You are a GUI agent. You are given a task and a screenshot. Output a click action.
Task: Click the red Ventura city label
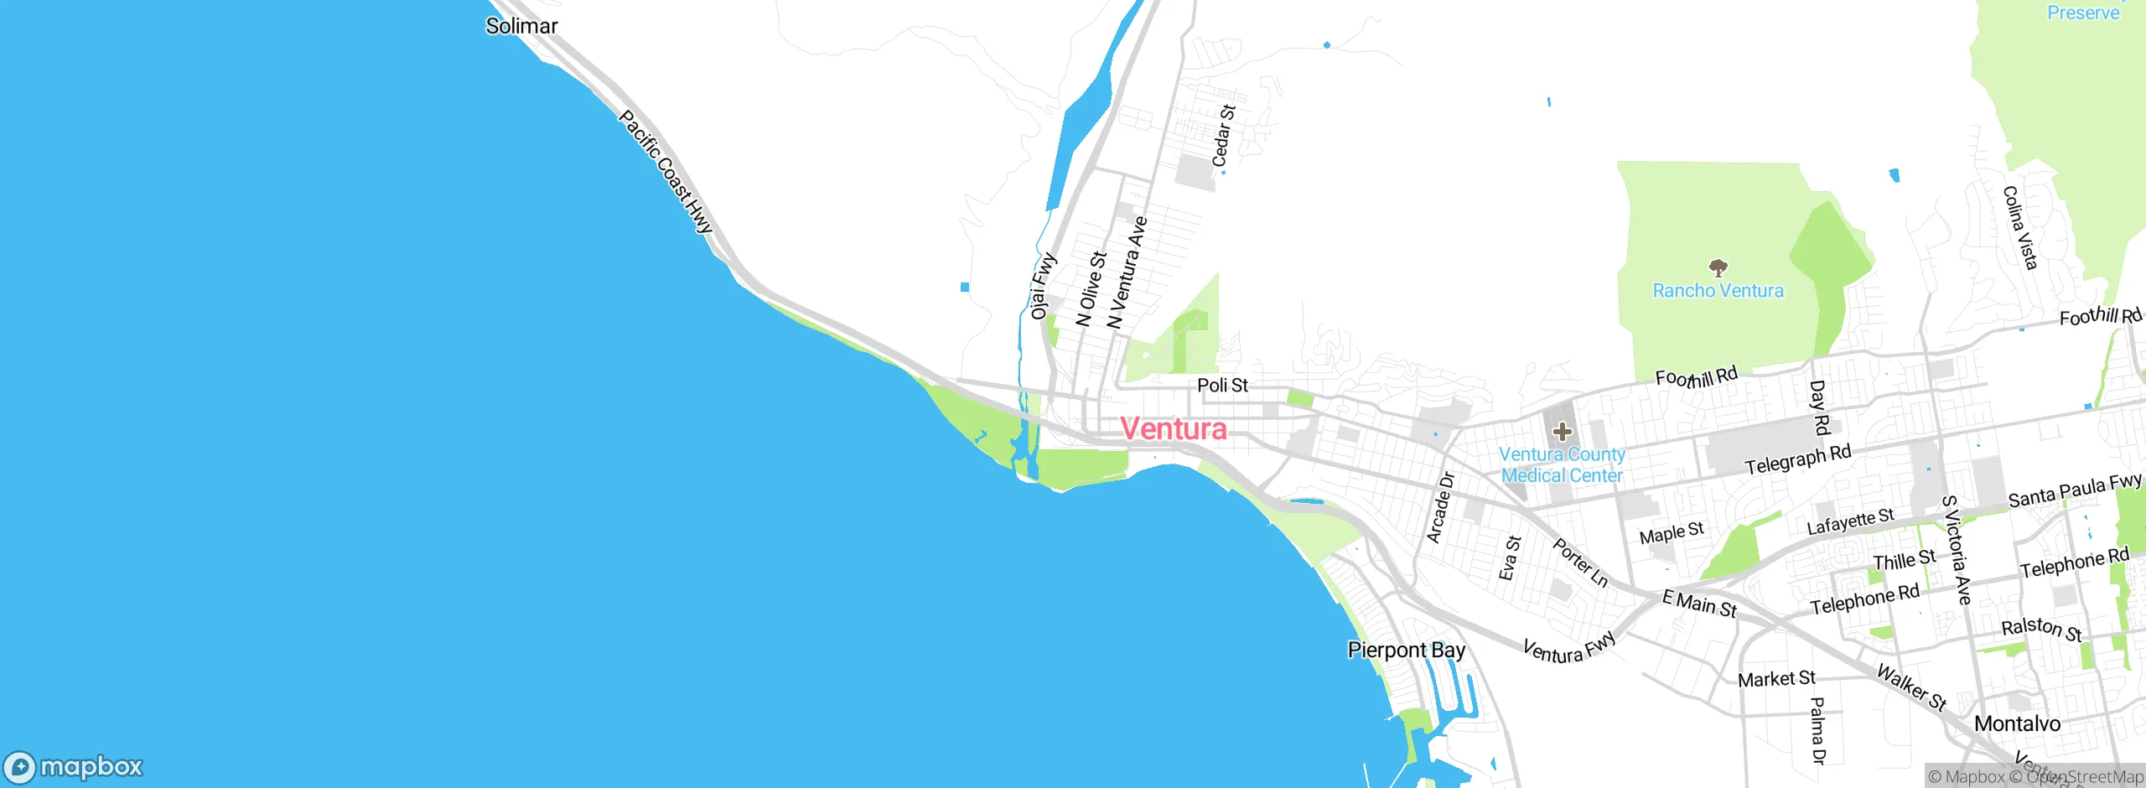click(x=1174, y=429)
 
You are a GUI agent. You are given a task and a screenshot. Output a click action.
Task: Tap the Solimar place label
click(x=521, y=26)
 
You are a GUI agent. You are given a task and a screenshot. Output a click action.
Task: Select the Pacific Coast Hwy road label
click(x=666, y=172)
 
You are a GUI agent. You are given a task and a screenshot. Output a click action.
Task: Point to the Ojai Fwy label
click(x=1042, y=286)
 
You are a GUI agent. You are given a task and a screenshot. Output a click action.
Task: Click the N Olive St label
click(x=1091, y=288)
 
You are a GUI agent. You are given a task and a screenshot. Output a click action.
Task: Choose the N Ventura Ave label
click(x=1127, y=272)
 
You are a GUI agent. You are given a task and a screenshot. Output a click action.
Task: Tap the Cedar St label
click(x=1223, y=135)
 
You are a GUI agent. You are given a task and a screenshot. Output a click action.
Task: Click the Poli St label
click(x=1222, y=386)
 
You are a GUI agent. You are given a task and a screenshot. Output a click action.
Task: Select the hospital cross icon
click(x=1562, y=432)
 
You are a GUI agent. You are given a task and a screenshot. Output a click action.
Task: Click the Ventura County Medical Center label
click(x=1562, y=464)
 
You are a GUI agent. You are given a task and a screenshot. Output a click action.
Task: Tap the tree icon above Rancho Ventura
click(x=1718, y=268)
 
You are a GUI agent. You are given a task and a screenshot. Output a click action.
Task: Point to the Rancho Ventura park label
click(x=1718, y=291)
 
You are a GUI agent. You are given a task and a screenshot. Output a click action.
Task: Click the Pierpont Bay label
click(x=1407, y=651)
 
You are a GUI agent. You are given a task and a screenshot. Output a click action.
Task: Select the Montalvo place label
click(x=2017, y=723)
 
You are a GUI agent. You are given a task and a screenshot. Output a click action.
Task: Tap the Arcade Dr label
click(x=1440, y=508)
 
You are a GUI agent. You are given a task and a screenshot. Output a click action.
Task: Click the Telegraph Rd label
click(x=1797, y=459)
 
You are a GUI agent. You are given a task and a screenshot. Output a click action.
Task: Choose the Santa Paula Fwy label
click(x=2075, y=490)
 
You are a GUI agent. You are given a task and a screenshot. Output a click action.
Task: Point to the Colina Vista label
click(x=2019, y=228)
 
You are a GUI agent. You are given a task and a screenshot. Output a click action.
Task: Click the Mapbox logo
click(x=74, y=766)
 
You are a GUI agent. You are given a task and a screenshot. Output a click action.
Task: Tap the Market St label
click(x=1775, y=679)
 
